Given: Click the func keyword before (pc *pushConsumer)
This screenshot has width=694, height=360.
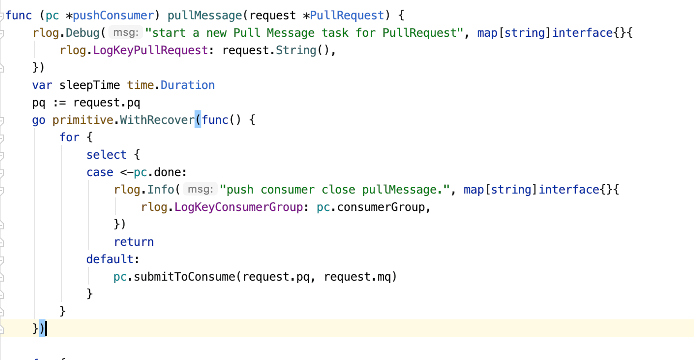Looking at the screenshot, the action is [x=18, y=15].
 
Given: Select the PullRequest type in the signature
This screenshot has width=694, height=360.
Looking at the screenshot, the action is [x=347, y=15].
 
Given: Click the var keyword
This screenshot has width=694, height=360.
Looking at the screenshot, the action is [x=42, y=85].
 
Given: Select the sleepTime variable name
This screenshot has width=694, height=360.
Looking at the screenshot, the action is [x=90, y=85].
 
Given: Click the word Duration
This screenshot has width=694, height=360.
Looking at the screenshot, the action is [x=188, y=85].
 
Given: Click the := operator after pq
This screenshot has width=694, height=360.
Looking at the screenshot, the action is [x=59, y=103].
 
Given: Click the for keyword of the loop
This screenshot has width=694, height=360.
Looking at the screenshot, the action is [x=69, y=137].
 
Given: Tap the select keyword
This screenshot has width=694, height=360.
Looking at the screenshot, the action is [x=106, y=155].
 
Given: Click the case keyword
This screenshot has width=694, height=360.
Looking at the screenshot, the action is [x=100, y=172].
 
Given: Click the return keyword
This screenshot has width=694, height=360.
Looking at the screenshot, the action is [x=134, y=242].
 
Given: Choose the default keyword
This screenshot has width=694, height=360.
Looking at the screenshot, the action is [x=110, y=259].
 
